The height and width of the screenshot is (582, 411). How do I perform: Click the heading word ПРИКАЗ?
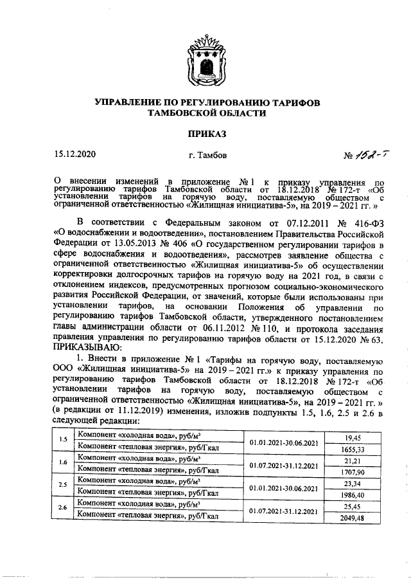coord(206,133)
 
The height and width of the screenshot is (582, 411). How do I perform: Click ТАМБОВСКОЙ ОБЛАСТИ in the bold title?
coord(206,113)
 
